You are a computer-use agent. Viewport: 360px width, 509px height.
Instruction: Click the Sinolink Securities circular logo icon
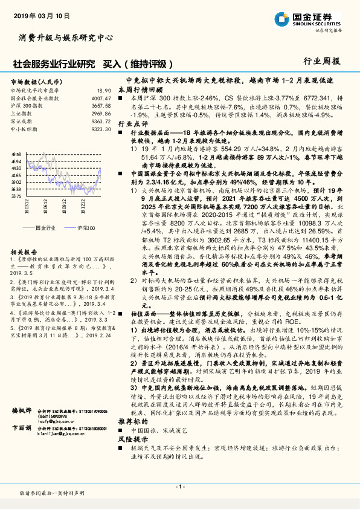coord(281,19)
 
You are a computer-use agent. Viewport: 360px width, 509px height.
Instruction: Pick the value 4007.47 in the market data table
coord(101,98)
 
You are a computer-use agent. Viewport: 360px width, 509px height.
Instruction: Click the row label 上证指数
coord(22,113)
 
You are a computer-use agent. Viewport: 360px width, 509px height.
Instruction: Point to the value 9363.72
coord(101,121)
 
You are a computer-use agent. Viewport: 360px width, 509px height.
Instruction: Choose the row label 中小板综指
coord(24,129)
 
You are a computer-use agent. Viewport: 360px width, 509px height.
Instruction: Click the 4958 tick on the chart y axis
coord(17,154)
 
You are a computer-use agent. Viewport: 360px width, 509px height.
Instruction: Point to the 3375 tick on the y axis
coord(17,196)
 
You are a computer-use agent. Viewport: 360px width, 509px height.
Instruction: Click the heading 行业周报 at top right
coord(322,60)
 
